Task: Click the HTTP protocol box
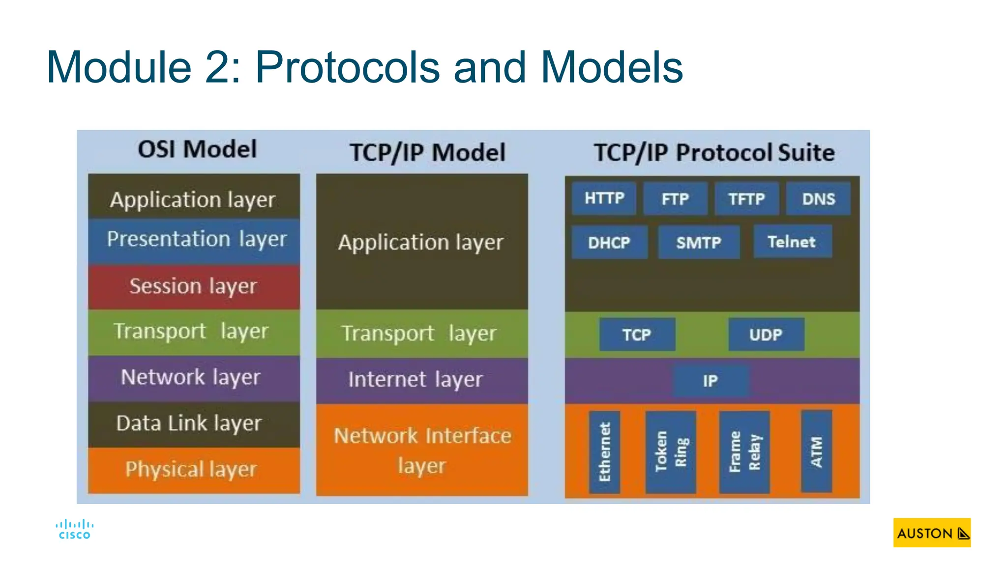tap(604, 198)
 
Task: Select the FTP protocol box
tap(675, 198)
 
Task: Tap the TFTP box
tap(746, 198)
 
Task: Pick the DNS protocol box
tap(818, 198)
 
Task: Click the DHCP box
tap(609, 242)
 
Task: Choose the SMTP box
tap(699, 242)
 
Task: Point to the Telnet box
tap(792, 241)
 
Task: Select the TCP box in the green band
tap(637, 335)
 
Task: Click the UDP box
tap(766, 335)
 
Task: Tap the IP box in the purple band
tap(711, 381)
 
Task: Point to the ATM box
tap(816, 451)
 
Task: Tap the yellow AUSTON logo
tap(932, 533)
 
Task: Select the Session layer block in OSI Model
tap(194, 286)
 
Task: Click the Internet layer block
tap(421, 380)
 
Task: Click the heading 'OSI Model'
tap(197, 149)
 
